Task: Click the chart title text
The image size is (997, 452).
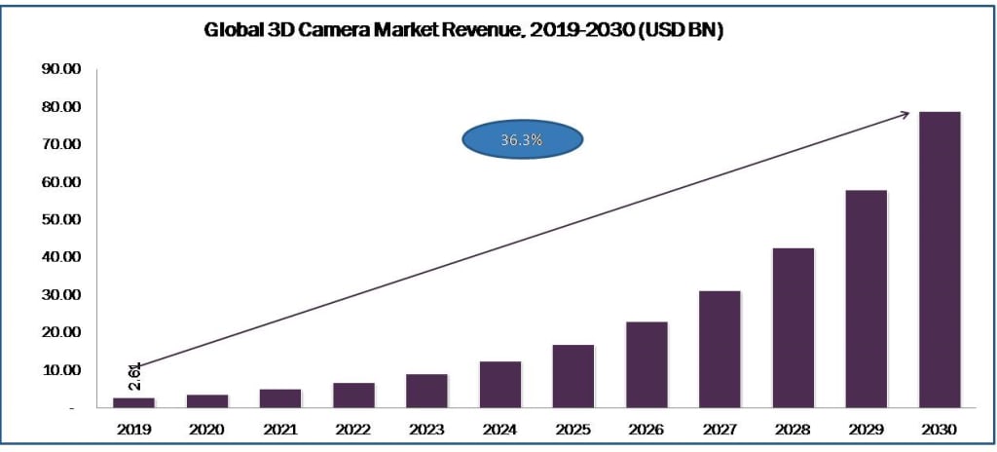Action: tap(463, 30)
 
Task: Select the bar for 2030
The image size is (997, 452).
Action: tap(940, 259)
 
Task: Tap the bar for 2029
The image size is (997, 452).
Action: tap(867, 298)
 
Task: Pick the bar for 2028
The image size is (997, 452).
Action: tap(794, 327)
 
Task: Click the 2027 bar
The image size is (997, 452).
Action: tap(720, 349)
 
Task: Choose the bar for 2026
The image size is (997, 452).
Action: tap(646, 364)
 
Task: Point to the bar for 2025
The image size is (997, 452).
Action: tap(573, 376)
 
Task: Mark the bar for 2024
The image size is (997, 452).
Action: tap(500, 384)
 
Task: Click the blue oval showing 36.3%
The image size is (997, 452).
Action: tap(522, 139)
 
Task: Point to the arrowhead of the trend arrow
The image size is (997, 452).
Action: tap(905, 114)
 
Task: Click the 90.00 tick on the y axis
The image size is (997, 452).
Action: tap(59, 69)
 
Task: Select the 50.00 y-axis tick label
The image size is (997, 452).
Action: tap(59, 220)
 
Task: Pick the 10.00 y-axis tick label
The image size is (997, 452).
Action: tap(59, 370)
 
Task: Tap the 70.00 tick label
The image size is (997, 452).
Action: tap(59, 144)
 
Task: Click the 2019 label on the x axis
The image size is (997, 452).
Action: tap(133, 429)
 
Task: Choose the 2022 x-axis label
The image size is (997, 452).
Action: tap(353, 429)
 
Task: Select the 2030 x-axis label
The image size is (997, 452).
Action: tap(940, 429)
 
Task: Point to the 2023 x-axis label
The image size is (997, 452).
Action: tap(426, 429)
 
